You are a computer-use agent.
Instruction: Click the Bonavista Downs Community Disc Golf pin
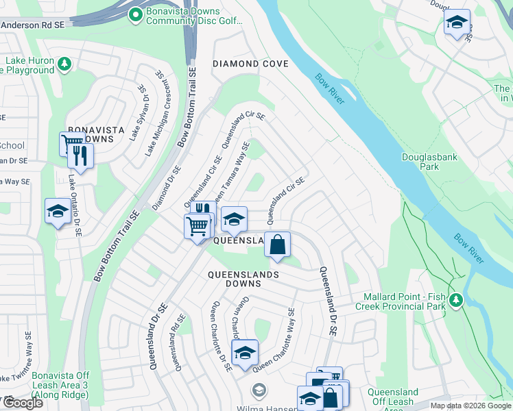click(x=135, y=13)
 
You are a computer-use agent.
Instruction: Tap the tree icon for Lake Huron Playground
click(x=64, y=64)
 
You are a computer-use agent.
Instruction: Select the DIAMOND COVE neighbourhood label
click(x=250, y=64)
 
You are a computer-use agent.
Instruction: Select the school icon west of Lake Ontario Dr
click(x=57, y=211)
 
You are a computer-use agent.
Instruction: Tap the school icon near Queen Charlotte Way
click(x=244, y=352)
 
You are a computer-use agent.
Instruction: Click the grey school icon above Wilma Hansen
click(x=259, y=391)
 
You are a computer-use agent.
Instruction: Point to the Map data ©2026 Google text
click(x=470, y=406)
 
